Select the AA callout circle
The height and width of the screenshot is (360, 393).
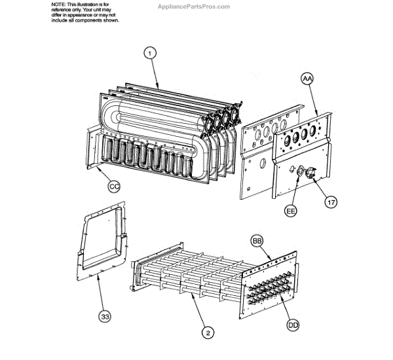308,79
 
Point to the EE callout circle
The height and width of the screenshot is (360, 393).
291,211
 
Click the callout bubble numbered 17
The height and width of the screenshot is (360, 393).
331,202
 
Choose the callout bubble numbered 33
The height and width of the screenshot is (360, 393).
105,317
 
